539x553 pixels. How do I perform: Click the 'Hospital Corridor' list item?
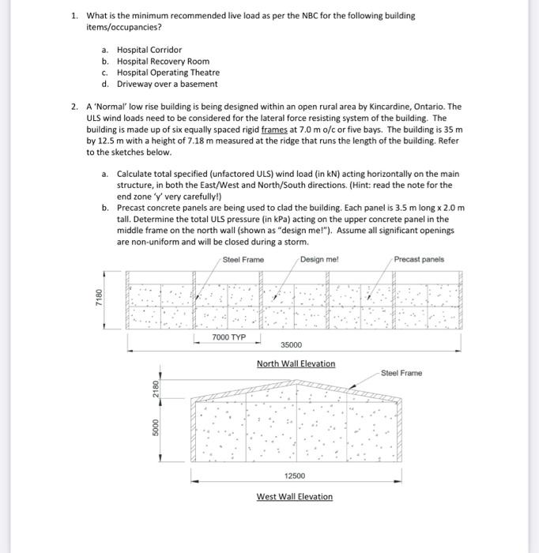pyautogui.click(x=149, y=50)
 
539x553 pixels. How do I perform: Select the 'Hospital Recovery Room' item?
pyautogui.click(x=163, y=61)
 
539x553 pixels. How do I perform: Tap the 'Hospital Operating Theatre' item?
pyautogui.click(x=168, y=73)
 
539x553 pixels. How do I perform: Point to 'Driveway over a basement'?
pyautogui.click(x=167, y=84)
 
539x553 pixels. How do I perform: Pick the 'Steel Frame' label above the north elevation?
pyautogui.click(x=243, y=259)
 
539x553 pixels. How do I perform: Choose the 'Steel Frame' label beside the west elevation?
pyautogui.click(x=401, y=373)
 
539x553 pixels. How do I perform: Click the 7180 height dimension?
pyautogui.click(x=99, y=300)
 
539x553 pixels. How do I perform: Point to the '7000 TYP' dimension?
pyautogui.click(x=228, y=337)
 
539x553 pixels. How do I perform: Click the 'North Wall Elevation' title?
pyautogui.click(x=296, y=363)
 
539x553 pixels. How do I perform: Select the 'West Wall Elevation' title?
pyautogui.click(x=294, y=496)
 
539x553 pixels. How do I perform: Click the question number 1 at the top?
pyautogui.click(x=73, y=16)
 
